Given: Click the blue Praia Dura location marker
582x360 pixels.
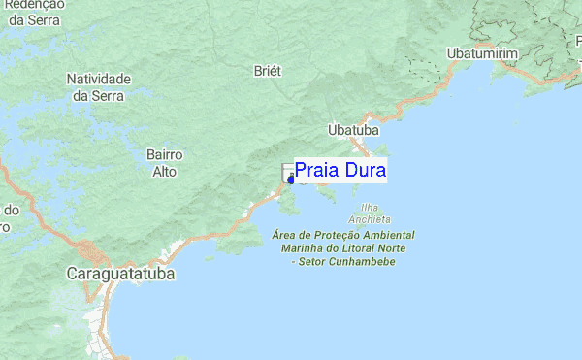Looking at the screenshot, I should click(x=291, y=179).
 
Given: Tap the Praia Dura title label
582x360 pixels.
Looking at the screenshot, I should click(x=340, y=171).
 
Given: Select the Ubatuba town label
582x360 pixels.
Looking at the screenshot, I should click(x=353, y=129).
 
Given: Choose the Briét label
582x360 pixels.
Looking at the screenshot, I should click(x=267, y=71).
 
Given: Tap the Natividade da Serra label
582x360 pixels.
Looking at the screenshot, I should click(x=98, y=86).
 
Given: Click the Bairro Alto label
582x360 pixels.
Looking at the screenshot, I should click(x=164, y=163).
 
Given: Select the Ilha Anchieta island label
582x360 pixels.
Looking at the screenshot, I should click(x=369, y=213).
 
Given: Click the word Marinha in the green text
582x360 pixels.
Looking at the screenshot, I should click(x=304, y=248).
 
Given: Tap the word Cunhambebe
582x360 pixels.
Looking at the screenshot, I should click(x=361, y=262).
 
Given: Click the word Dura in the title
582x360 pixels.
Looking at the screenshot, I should click(x=366, y=171).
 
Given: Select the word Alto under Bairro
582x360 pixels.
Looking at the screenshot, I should click(x=164, y=172).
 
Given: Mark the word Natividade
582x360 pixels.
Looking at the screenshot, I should click(x=98, y=79).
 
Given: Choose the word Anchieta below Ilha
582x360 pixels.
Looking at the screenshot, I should click(x=369, y=219).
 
